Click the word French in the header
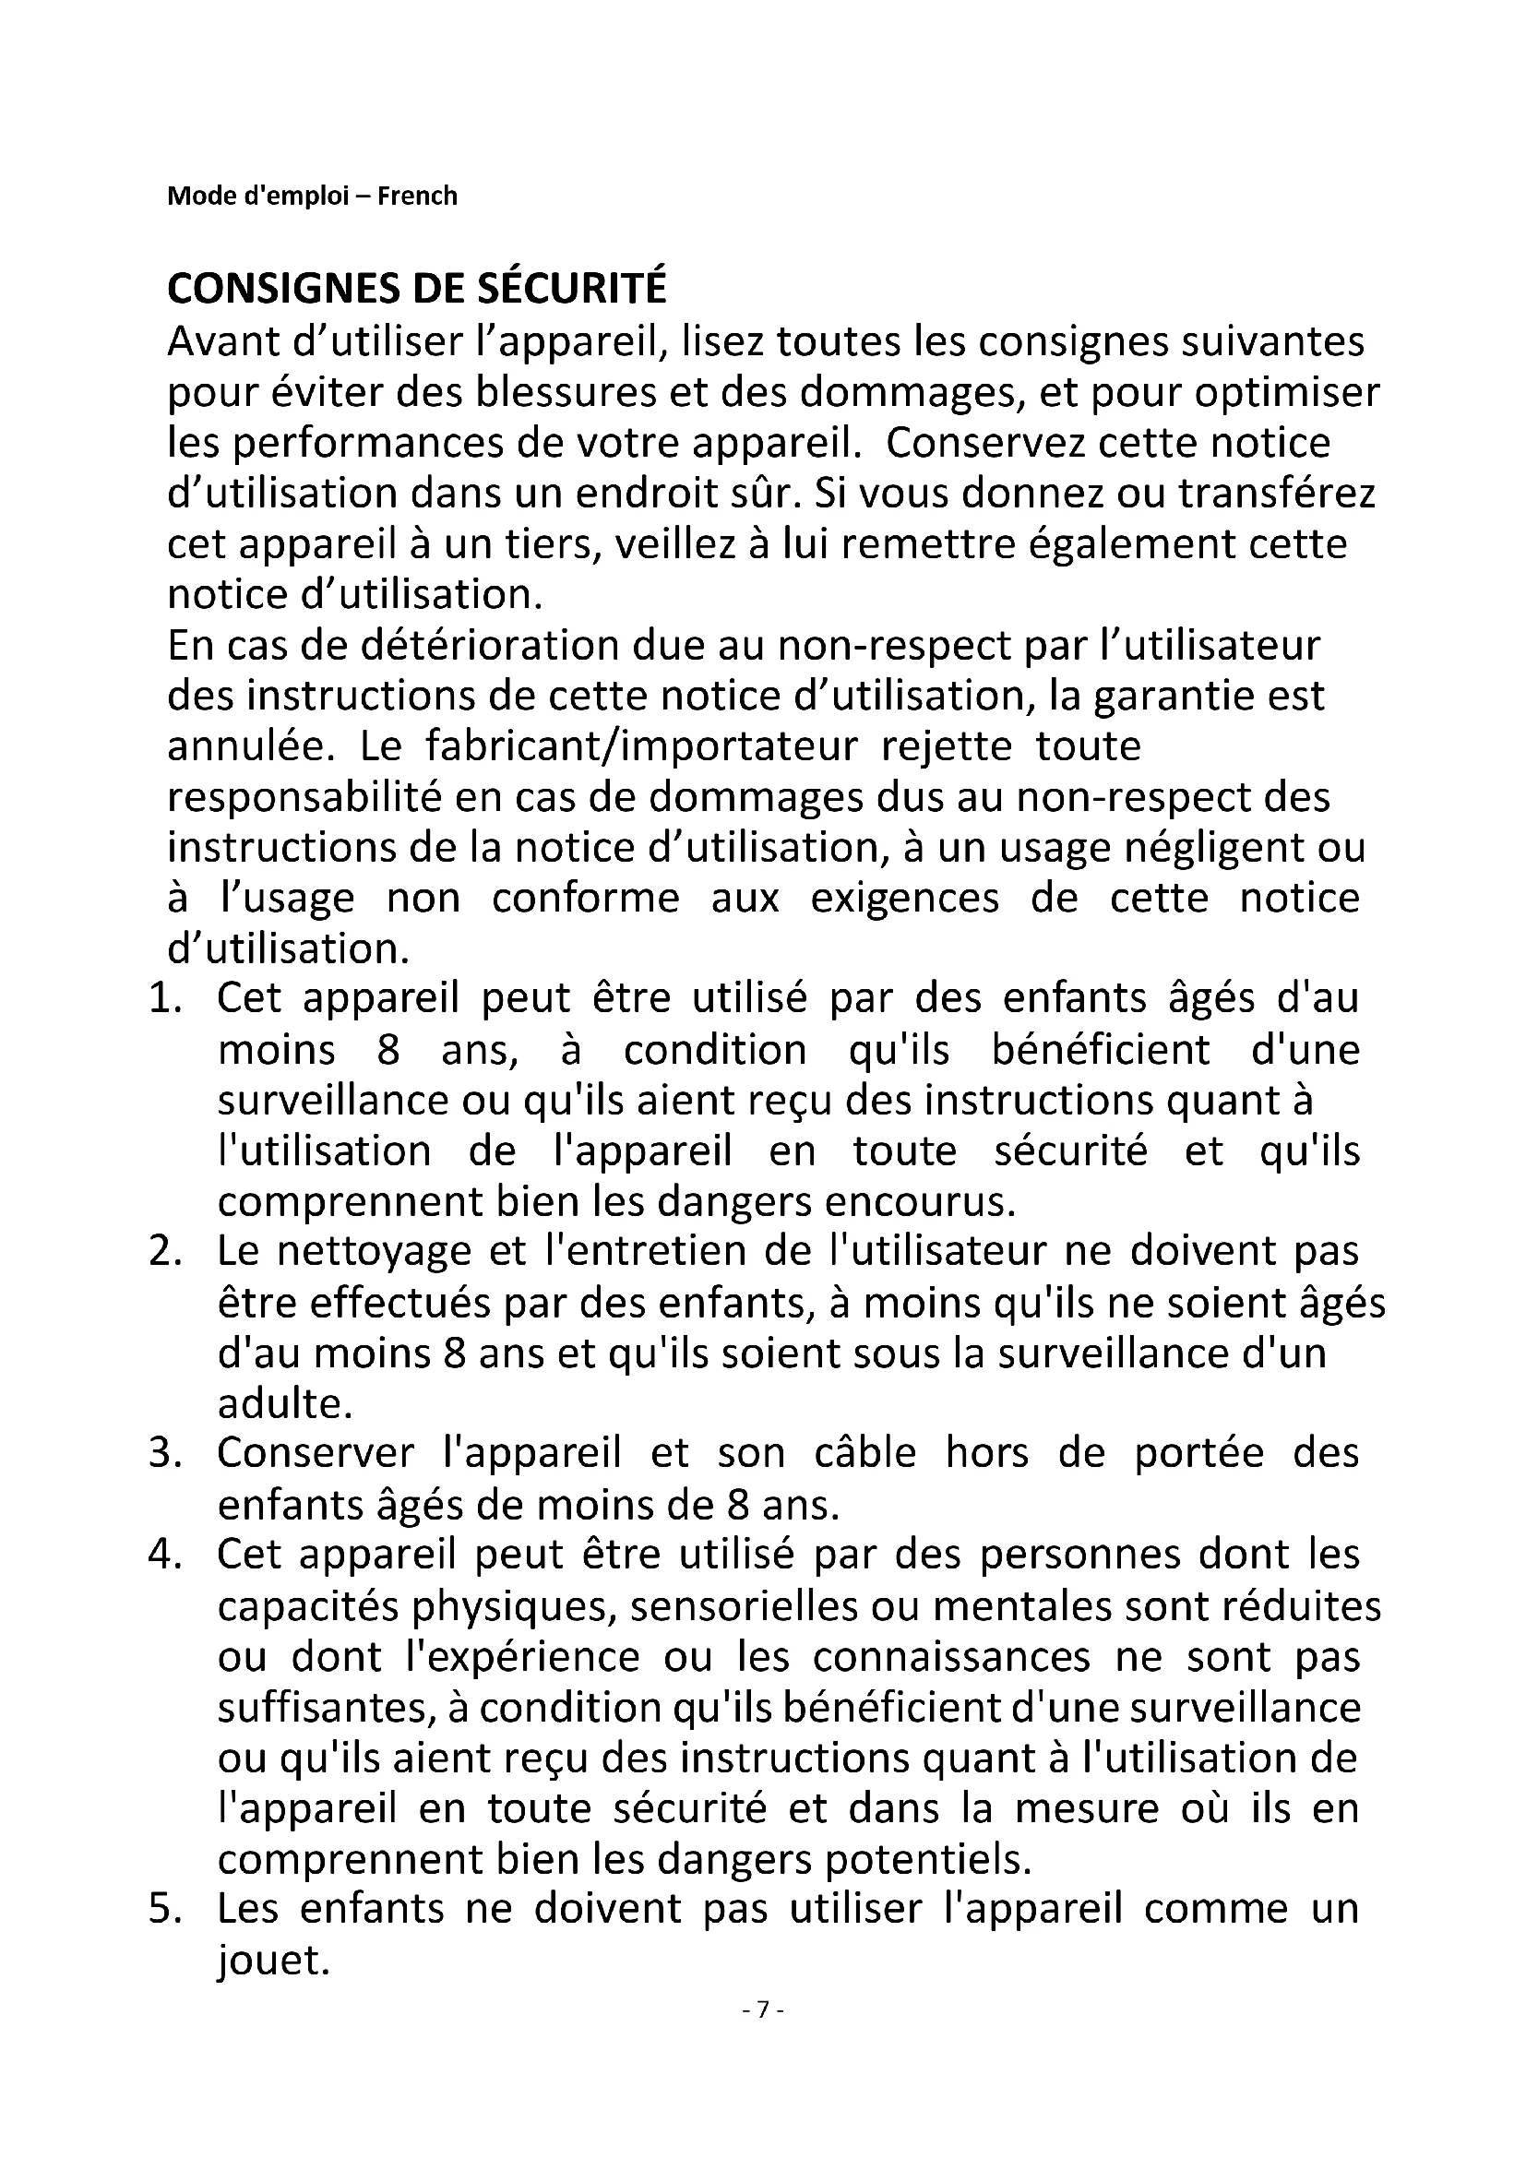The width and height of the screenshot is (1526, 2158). click(417, 196)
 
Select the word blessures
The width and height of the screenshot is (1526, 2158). click(565, 392)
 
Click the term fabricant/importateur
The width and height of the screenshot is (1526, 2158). click(642, 747)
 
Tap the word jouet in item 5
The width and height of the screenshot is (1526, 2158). click(272, 1962)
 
